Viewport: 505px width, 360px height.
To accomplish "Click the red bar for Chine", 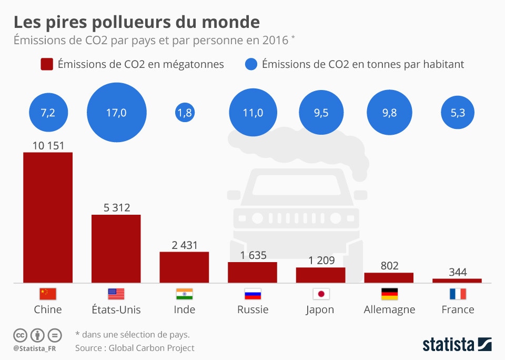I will [48, 217].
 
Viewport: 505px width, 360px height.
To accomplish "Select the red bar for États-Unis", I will [116, 248].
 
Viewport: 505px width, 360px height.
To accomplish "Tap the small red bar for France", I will [457, 281].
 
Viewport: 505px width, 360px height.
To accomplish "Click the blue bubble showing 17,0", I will [116, 113].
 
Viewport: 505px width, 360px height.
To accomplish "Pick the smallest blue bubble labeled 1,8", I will [184, 113].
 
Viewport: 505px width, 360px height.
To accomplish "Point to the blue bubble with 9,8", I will [389, 113].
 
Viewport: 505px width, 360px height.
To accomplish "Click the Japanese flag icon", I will [320, 294].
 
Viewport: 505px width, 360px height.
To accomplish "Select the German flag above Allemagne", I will [389, 294].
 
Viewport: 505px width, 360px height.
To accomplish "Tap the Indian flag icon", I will [184, 294].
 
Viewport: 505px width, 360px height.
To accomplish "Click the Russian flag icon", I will [252, 294].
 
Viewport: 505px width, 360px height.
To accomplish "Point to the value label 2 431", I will [184, 245].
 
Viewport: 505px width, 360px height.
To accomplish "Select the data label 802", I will [389, 266].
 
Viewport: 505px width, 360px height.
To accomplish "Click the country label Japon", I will [320, 309].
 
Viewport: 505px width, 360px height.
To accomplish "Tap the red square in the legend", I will [47, 64].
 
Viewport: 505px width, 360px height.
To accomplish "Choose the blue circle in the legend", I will [251, 64].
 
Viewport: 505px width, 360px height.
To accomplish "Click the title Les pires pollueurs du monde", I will [136, 22].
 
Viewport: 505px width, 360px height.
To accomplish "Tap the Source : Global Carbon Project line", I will [135, 348].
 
